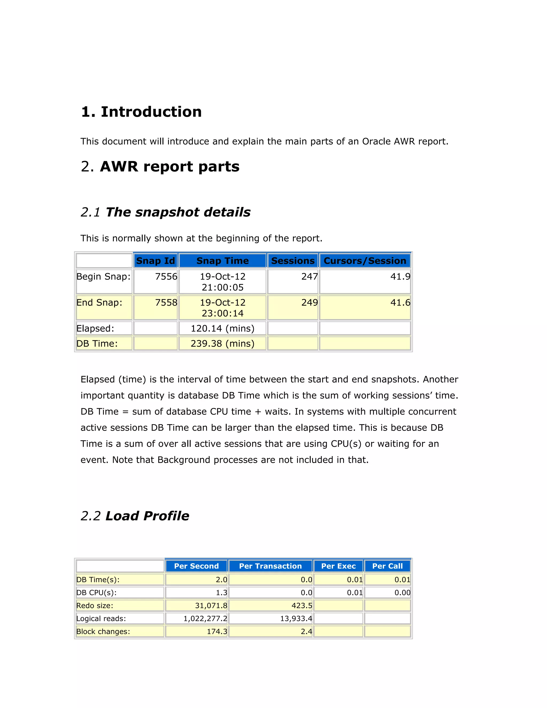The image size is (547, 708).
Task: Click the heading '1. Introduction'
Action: (x=141, y=112)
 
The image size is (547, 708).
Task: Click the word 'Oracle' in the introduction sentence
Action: (x=376, y=142)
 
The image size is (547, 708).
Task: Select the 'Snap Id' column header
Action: (x=155, y=261)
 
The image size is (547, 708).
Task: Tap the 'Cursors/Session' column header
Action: (x=365, y=261)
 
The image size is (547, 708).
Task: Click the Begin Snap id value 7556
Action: (x=166, y=277)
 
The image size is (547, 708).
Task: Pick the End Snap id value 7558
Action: (x=166, y=302)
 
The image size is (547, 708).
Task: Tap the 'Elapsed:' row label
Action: (x=95, y=328)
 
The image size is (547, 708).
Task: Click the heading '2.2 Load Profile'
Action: (x=135, y=516)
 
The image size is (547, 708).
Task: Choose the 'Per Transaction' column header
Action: (x=270, y=566)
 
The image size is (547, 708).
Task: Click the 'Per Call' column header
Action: (x=387, y=566)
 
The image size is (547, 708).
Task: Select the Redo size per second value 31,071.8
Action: (x=211, y=606)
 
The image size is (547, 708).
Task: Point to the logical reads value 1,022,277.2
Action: (x=205, y=618)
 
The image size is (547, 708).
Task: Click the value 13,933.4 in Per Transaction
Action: (x=296, y=618)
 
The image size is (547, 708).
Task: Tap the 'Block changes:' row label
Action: (x=103, y=632)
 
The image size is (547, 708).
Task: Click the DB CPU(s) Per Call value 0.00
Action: (x=402, y=593)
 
